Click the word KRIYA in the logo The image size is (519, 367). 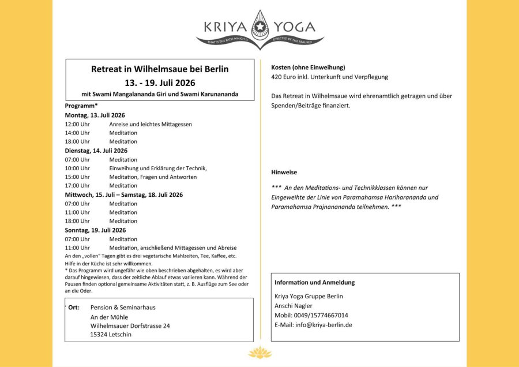coord(225,27)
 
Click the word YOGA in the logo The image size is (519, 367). coord(294,27)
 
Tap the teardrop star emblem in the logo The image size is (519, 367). coord(259,26)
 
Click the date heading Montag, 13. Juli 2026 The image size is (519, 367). coord(95,115)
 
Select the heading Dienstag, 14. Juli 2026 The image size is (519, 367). coord(96,151)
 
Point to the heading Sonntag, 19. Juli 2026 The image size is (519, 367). coord(95,230)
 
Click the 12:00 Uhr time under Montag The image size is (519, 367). coord(77,124)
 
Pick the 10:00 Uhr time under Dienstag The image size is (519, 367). coord(77,168)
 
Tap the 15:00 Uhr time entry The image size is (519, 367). coord(77,177)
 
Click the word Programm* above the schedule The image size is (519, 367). coord(81,106)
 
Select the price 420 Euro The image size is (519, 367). coord(285,77)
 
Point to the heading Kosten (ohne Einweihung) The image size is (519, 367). coord(308,68)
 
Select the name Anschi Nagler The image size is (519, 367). coord(294,306)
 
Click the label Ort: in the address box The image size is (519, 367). coord(74,308)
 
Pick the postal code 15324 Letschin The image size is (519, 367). coord(111,335)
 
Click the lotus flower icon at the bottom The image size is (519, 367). coord(259,353)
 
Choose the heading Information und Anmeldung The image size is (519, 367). coord(314,283)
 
